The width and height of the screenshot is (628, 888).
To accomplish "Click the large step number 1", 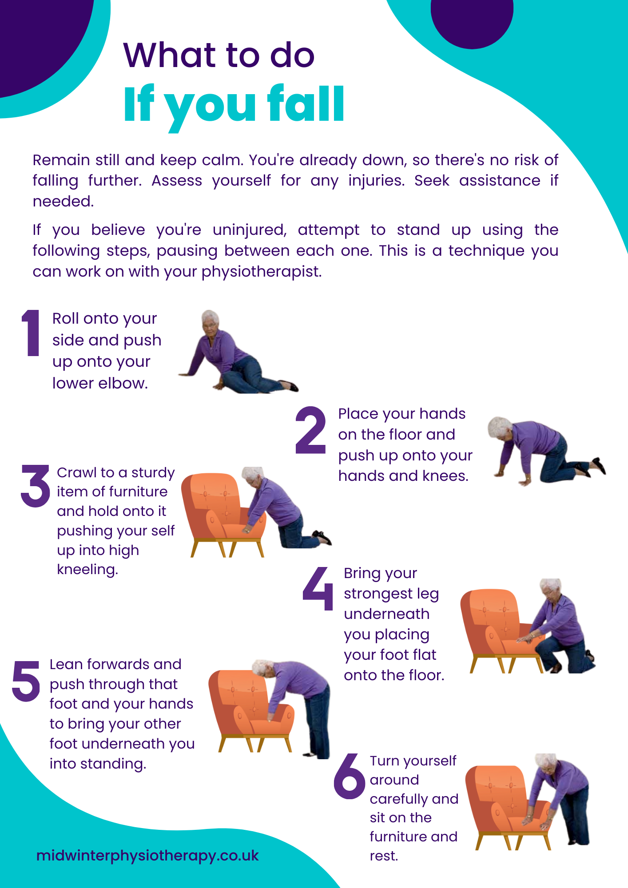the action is coord(31,333).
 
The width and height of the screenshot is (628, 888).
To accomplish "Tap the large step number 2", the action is coord(310,430).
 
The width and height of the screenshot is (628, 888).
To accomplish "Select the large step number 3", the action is coord(36,486).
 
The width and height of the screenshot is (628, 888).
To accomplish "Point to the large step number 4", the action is coord(318,589).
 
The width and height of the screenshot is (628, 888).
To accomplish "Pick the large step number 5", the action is coord(26,681).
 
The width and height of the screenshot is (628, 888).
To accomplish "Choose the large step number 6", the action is coord(350,776).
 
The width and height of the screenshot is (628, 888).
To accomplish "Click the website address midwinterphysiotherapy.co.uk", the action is coord(147,856).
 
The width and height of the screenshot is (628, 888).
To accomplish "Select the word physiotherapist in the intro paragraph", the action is coord(262,272).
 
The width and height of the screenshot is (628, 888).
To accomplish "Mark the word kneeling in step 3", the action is coord(87,569).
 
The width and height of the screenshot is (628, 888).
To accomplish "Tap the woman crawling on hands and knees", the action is coord(546,451).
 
